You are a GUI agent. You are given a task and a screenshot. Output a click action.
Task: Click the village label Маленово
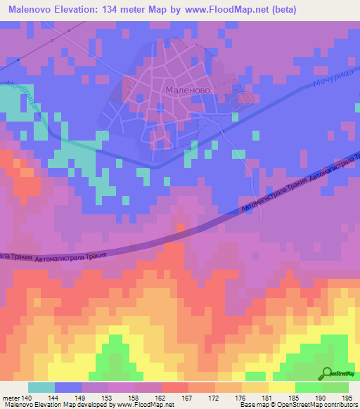coord(184,90)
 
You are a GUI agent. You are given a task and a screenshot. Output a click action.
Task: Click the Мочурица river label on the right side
coord(328,74)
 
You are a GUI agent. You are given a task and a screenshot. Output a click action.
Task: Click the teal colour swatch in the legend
coord(41,387)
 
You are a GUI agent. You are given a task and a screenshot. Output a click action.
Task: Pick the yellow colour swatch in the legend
coord(282,387)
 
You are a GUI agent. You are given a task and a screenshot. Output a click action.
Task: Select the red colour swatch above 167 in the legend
coord(174,387)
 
